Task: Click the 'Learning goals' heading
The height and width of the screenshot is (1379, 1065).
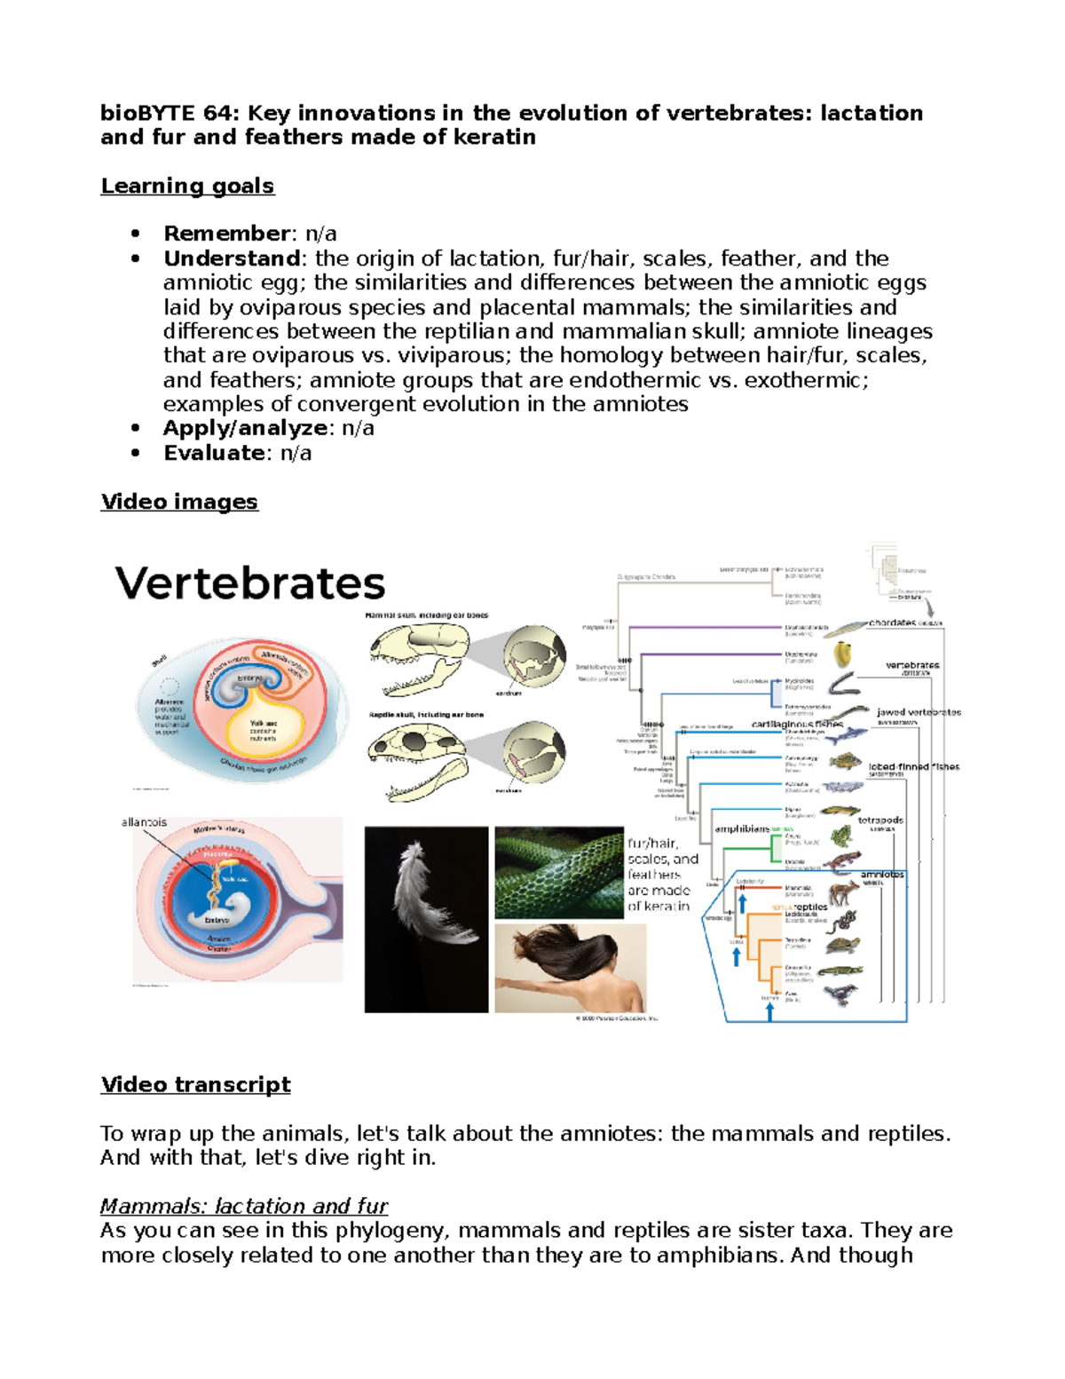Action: coord(187,186)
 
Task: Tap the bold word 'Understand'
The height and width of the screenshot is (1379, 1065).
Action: coord(232,258)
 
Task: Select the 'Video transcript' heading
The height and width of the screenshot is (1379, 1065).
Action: coord(195,1084)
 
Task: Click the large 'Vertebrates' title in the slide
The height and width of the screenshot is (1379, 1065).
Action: coord(250,583)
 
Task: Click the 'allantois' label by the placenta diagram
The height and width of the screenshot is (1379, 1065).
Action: coord(144,822)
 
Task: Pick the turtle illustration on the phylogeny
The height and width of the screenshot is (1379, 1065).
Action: coord(840,946)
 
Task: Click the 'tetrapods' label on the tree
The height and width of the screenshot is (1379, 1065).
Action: coord(880,820)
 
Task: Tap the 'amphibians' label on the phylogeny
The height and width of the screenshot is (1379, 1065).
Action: coord(742,828)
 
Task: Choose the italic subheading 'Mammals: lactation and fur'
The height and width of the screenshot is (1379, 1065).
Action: coord(244,1206)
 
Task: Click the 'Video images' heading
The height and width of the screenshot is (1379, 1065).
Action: coord(179,502)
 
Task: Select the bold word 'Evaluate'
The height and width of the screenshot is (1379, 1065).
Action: coord(214,453)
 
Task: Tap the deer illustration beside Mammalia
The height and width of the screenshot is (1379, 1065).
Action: coord(843,892)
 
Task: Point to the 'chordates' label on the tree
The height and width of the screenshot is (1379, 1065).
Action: coord(892,622)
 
